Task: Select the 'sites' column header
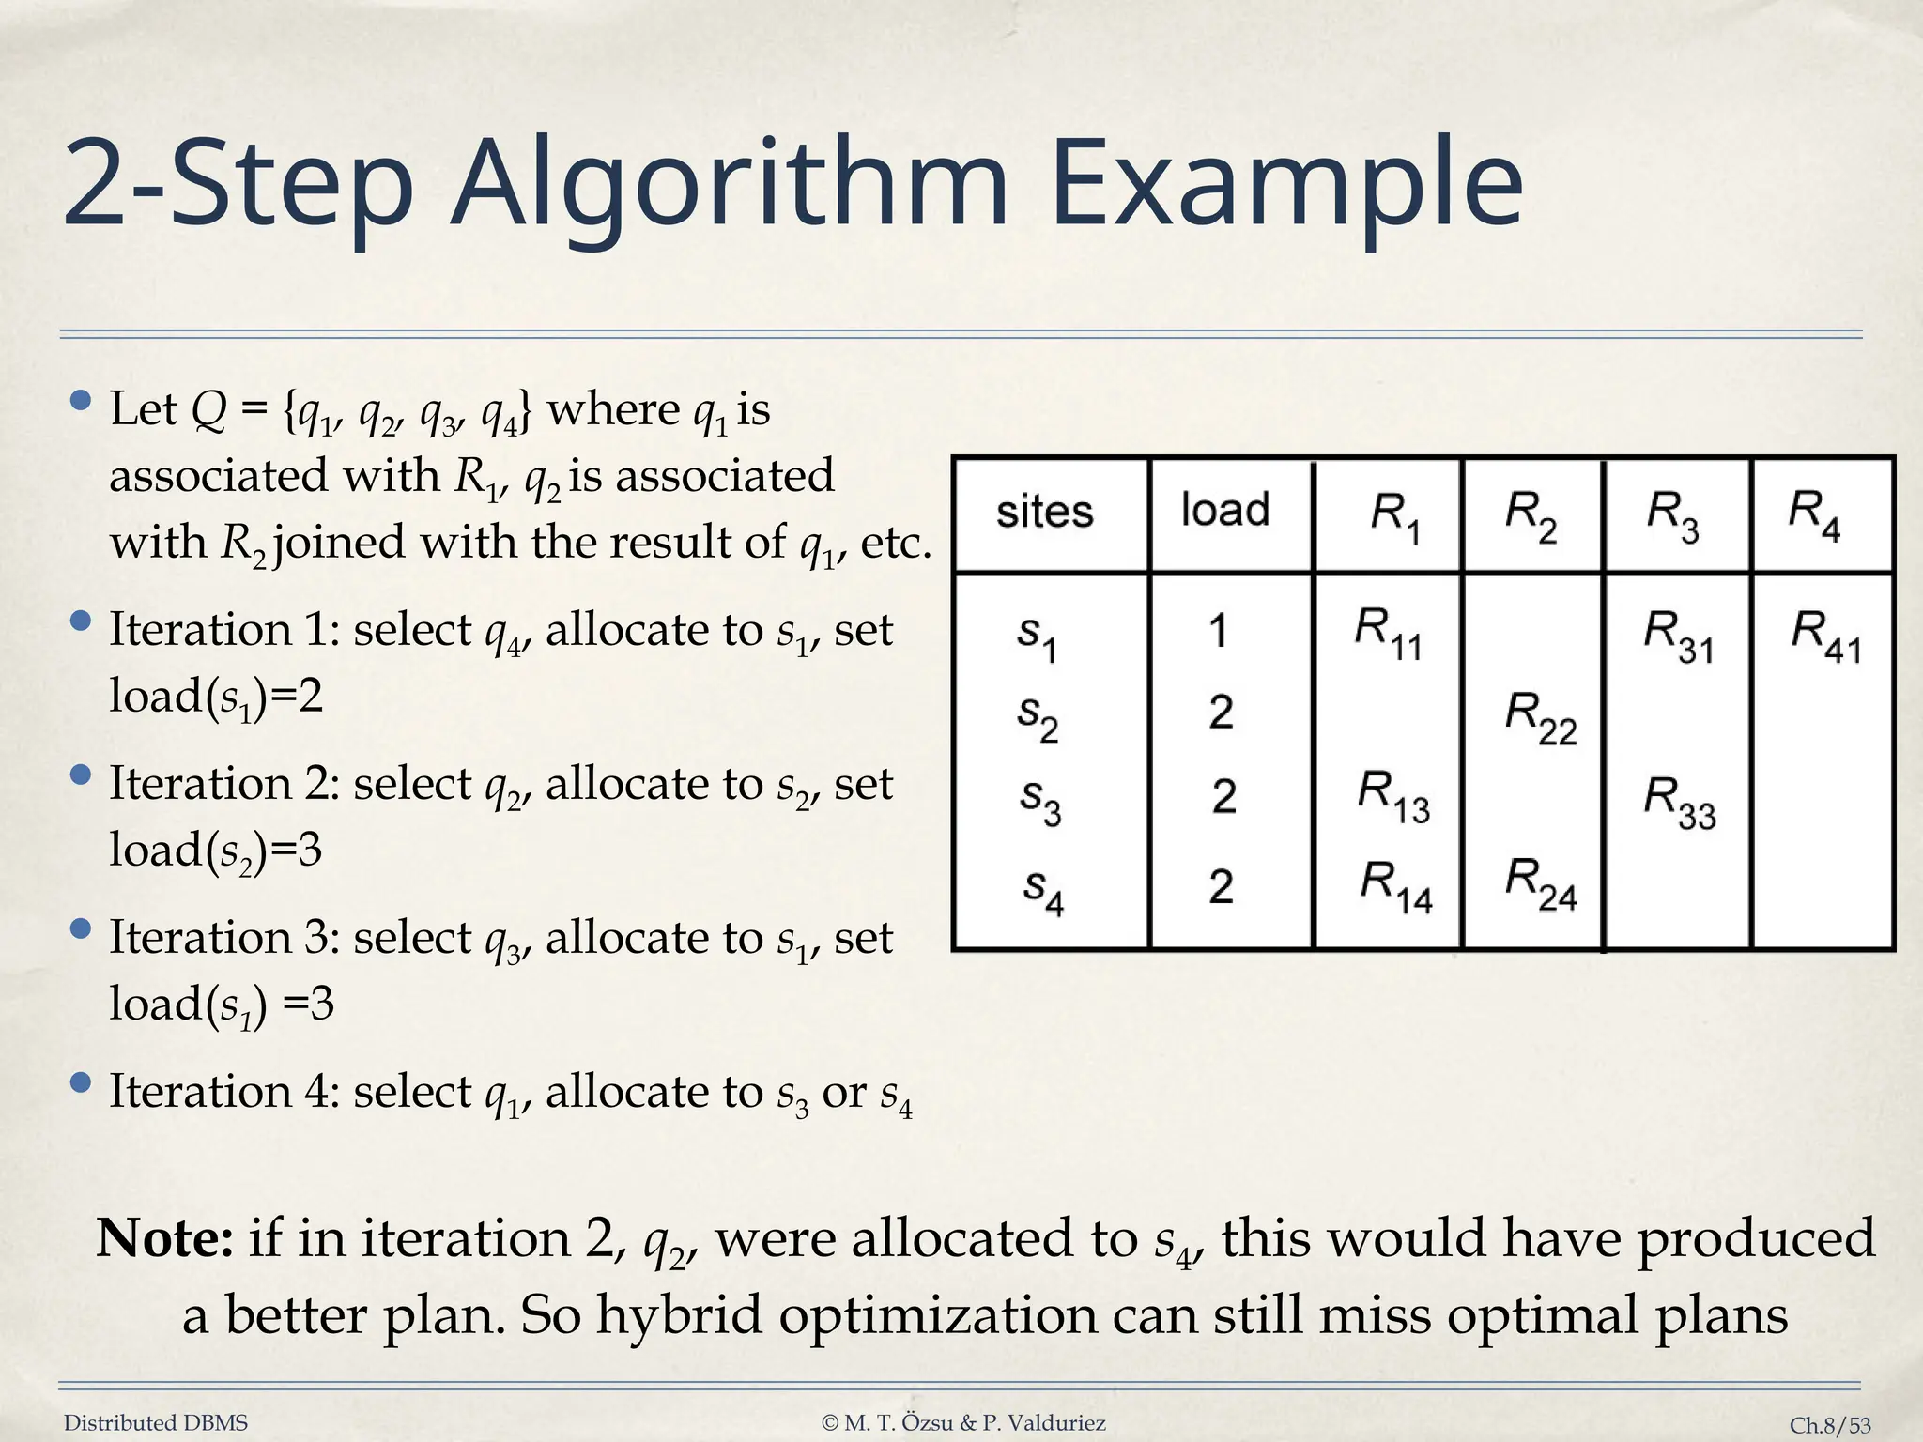coord(1044,513)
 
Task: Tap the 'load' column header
coord(1224,510)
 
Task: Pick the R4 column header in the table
coord(1813,514)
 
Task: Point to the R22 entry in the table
coord(1540,717)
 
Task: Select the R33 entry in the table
coord(1679,803)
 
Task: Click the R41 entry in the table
coord(1824,635)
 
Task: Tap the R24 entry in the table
coord(1540,883)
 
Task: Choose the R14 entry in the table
coord(1396,886)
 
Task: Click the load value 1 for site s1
coord(1219,631)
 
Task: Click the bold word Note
coord(165,1238)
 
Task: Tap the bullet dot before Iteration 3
coord(81,929)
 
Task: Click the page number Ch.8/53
coord(1829,1425)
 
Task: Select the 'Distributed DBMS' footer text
coord(156,1423)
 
